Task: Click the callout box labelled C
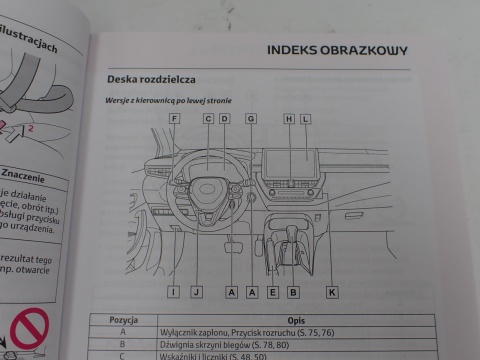pos(208,119)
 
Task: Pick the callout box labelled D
pos(225,119)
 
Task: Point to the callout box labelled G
pos(250,119)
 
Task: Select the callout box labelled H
pos(289,119)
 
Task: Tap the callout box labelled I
pos(173,292)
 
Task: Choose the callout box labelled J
pos(197,292)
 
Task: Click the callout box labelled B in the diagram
pos(293,292)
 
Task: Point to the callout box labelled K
pos(332,292)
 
